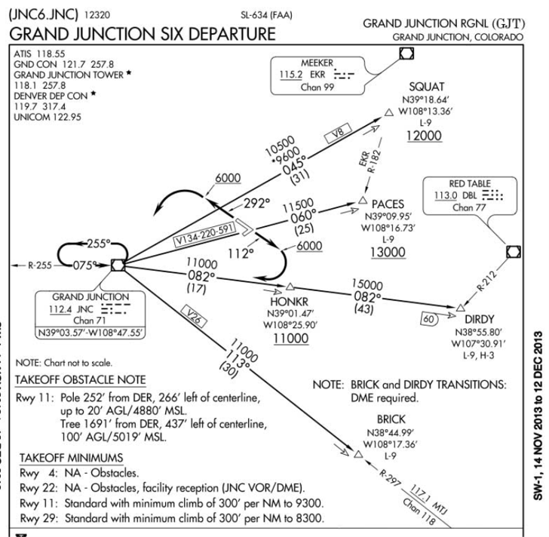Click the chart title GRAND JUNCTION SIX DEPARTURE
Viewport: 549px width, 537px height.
tap(143, 34)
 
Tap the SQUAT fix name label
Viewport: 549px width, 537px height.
tap(426, 87)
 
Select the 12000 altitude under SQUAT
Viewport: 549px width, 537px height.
tap(424, 136)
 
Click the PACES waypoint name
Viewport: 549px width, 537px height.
tap(388, 204)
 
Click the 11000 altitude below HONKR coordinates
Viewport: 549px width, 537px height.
tap(290, 339)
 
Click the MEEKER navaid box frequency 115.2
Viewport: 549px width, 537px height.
tap(287, 75)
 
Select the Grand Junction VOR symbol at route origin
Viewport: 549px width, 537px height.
tap(117, 264)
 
